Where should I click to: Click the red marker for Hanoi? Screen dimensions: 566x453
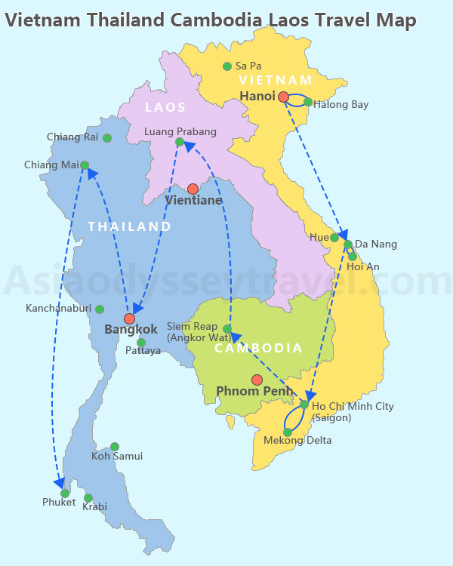point(283,97)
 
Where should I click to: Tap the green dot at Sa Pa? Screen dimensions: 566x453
point(227,66)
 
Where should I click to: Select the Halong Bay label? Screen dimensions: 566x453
point(341,105)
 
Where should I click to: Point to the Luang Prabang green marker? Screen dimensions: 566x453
point(180,142)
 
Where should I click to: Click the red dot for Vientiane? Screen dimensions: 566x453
point(193,189)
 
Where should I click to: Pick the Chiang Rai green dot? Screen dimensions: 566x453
point(107,138)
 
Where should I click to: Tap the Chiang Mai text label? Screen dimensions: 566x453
point(51,165)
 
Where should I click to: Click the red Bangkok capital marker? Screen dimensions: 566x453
point(129,318)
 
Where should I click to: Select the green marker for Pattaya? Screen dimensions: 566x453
point(141,343)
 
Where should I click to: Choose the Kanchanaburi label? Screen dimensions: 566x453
point(58,309)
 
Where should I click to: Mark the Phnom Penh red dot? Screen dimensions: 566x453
point(257,380)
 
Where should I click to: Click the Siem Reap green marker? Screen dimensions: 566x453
point(227,329)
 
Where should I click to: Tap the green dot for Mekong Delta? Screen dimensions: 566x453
point(288,432)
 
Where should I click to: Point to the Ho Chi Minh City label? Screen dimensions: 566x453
point(353,406)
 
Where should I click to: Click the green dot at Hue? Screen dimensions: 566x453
point(334,238)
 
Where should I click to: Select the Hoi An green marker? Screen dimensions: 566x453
point(353,257)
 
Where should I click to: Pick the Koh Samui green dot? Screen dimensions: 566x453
point(115,447)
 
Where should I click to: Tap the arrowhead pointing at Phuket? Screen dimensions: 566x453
point(59,482)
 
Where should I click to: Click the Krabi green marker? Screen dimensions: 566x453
point(88,498)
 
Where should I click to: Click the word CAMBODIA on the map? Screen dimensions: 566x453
point(258,349)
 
